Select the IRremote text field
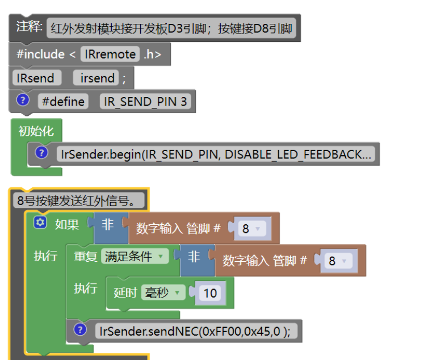pos(110,55)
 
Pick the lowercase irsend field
pos(97,78)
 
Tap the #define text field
pos(63,102)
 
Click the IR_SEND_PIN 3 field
pos(145,102)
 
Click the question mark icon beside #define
pos(23,101)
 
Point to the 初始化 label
pos(36,131)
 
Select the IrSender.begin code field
pos(216,154)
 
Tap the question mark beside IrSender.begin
pos(41,153)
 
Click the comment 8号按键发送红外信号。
pos(76,200)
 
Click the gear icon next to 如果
pos(40,224)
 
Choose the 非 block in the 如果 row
pos(108,225)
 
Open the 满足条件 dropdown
pos(135,257)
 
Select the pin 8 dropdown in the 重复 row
pos(337,261)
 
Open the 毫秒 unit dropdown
pos(163,293)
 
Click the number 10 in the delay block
pos(210,293)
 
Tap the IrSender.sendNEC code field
pos(195,331)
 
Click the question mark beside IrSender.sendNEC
pos(80,330)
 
